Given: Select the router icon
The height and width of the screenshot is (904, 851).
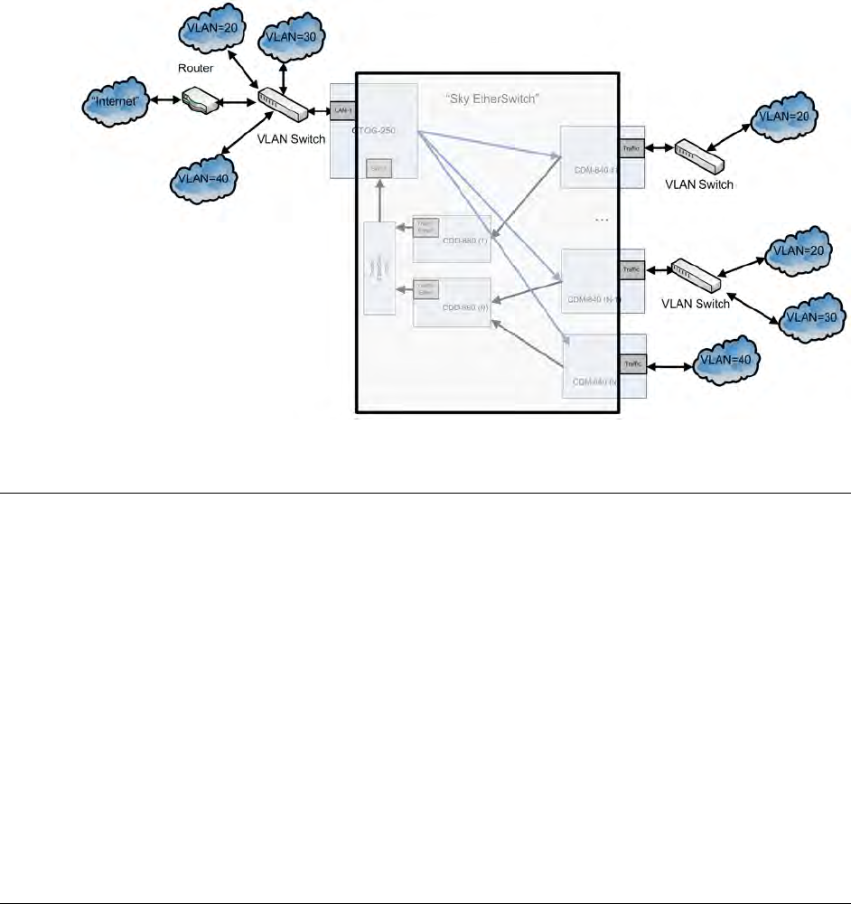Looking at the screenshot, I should [x=198, y=99].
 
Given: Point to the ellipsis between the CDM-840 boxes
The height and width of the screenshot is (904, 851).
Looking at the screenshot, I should [x=603, y=220].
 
